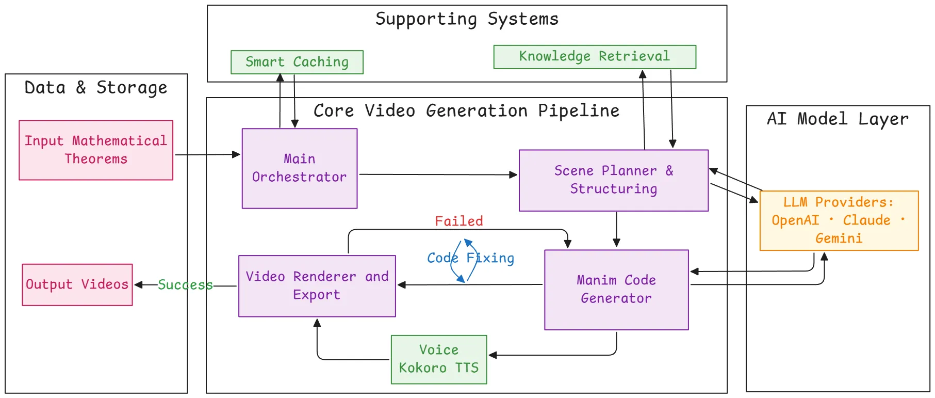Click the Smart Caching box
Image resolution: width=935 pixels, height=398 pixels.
click(297, 62)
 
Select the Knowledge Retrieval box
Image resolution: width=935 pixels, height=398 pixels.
click(595, 56)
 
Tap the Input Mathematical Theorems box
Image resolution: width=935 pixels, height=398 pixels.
click(96, 150)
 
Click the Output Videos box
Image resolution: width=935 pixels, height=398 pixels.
click(77, 284)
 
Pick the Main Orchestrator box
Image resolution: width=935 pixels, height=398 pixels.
click(300, 168)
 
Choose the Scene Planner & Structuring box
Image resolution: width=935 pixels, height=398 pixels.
click(614, 180)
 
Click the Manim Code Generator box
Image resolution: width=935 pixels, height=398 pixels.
click(616, 290)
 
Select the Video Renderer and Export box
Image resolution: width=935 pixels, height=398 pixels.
click(317, 285)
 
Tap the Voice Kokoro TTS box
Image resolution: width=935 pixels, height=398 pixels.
click(439, 359)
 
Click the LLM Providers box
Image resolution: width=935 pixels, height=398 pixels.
click(839, 220)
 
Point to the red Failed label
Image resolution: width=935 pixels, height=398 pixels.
click(459, 221)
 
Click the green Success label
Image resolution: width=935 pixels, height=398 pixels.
click(185, 285)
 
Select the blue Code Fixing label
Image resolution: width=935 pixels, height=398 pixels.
click(471, 258)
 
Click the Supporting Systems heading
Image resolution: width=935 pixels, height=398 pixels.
click(467, 19)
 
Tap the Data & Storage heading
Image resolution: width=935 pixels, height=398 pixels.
click(96, 88)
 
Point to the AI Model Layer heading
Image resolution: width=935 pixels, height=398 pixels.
click(838, 119)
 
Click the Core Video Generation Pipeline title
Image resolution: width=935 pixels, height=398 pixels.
click(466, 111)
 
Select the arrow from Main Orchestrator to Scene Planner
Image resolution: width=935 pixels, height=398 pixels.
click(438, 174)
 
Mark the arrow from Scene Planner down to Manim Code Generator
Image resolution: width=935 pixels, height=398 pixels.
click(616, 230)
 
